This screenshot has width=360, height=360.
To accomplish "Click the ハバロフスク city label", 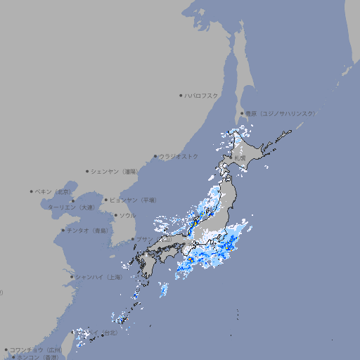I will coord(202,95).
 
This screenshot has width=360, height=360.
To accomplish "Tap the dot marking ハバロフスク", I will coord(181,95).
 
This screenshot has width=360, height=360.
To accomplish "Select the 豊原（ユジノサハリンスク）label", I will coord(281,113).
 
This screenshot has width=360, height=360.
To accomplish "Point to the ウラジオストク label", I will coord(179,156).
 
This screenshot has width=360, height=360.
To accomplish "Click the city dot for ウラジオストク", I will coord(155,156).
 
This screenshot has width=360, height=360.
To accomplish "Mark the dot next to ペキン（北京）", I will coord(32,191).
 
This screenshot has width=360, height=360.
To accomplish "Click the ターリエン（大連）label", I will coord(70,207).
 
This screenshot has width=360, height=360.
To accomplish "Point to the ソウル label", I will coord(127,215).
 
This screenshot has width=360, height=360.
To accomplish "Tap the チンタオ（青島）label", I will coord(87,231).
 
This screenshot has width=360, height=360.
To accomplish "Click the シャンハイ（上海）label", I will coord(98,277).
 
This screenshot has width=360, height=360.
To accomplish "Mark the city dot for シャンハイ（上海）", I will coord(72,277).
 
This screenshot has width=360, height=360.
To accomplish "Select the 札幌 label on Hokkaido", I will coord(240,158).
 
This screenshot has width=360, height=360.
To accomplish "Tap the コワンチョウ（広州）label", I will coord(35,349).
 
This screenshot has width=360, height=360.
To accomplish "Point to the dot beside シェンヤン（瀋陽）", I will coord(87,171).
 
